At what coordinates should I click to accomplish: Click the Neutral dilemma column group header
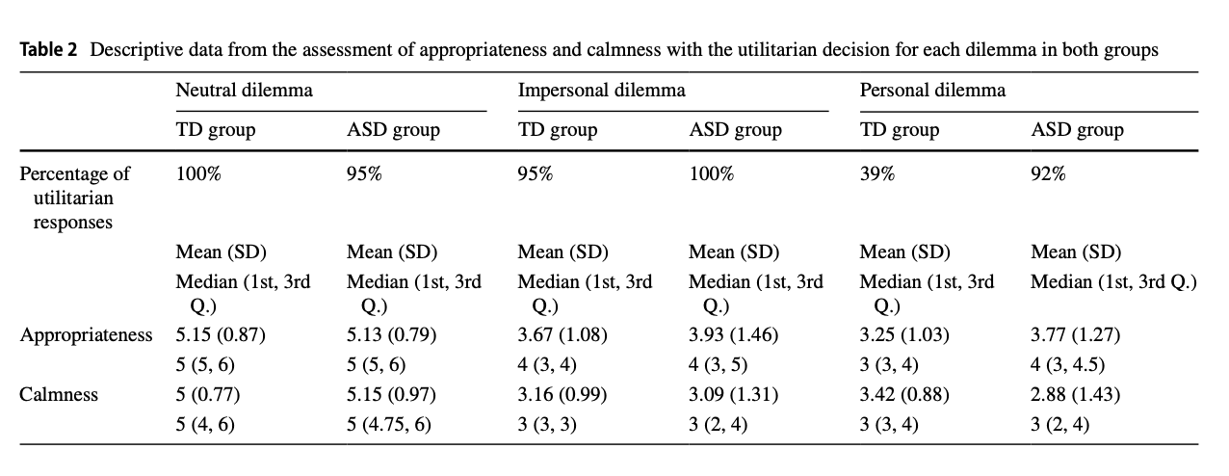pos(244,91)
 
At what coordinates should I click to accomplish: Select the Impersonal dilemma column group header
pos(602,91)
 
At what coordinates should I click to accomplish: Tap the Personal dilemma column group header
pos(932,91)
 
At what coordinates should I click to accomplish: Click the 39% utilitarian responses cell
pos(876,174)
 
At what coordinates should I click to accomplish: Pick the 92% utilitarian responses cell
pos(1048,174)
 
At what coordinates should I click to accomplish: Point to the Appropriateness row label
pos(86,335)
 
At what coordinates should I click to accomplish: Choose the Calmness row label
pos(58,394)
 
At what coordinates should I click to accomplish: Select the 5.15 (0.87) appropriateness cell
pos(220,335)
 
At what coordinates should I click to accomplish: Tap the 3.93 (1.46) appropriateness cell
pos(734,335)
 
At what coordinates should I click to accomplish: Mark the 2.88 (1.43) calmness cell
pos(1076,394)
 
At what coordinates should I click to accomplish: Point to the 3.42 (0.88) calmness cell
pos(904,394)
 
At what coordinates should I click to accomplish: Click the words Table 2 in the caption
pos(48,50)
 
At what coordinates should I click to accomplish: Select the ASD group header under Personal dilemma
pos(1077,129)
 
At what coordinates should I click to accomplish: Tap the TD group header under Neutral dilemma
pos(215,129)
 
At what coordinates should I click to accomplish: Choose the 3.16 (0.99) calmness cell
pos(562,394)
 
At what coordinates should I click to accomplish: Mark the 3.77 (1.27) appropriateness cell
pos(1075,335)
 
